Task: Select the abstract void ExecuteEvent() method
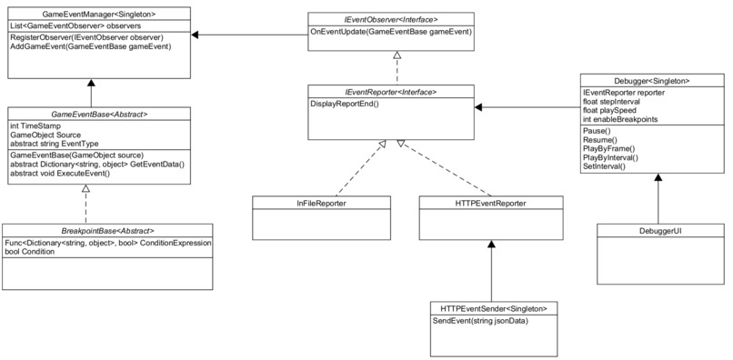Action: (66, 174)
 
